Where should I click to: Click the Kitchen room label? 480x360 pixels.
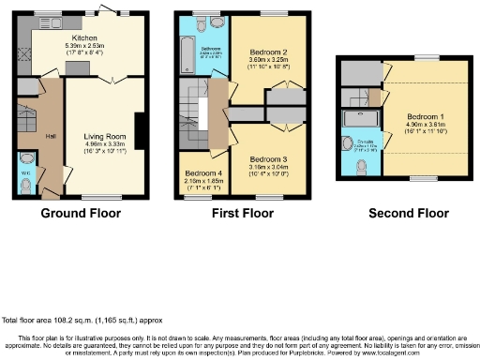94,36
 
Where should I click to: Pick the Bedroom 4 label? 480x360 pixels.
202,173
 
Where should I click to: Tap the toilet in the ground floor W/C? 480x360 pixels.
24,187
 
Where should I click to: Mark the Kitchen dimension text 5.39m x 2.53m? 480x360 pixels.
94,44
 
